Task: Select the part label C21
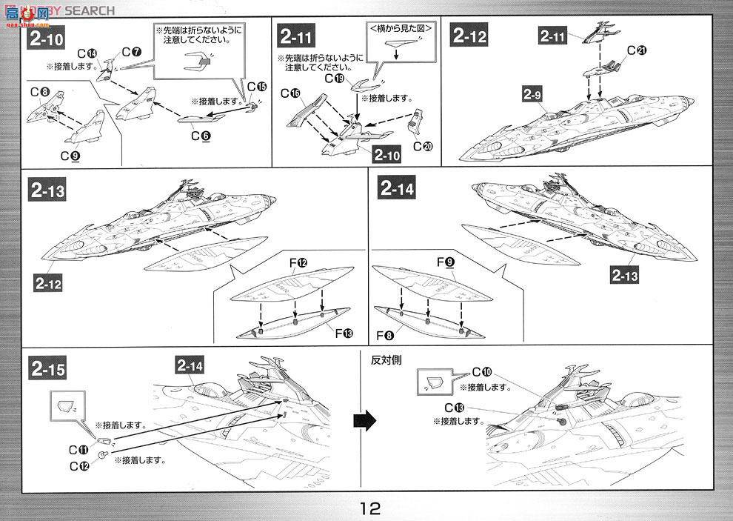pyautogui.click(x=636, y=50)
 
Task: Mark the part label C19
pyautogui.click(x=335, y=77)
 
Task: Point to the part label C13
pyautogui.click(x=455, y=408)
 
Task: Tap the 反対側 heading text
pyautogui.click(x=386, y=359)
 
